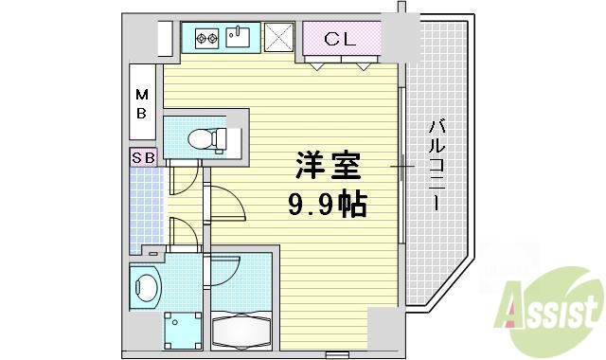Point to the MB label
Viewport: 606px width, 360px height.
[141, 104]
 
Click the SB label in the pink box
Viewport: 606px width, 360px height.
[144, 157]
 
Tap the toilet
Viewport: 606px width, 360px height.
[205, 140]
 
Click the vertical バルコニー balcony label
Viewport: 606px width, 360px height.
[437, 166]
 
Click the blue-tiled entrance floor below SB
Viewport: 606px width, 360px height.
[147, 208]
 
